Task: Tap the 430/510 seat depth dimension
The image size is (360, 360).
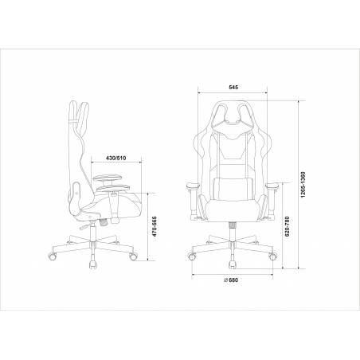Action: pos(115,158)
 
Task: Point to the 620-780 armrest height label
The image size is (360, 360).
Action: pos(287,226)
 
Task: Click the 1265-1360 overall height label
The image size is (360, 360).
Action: pos(303,185)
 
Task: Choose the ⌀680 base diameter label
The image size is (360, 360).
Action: pos(231,280)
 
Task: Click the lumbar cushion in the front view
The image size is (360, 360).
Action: pos(233,189)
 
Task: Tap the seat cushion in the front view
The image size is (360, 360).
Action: pos(233,210)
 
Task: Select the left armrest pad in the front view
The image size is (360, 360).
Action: pos(193,186)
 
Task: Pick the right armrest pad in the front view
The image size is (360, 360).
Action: pos(272,186)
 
